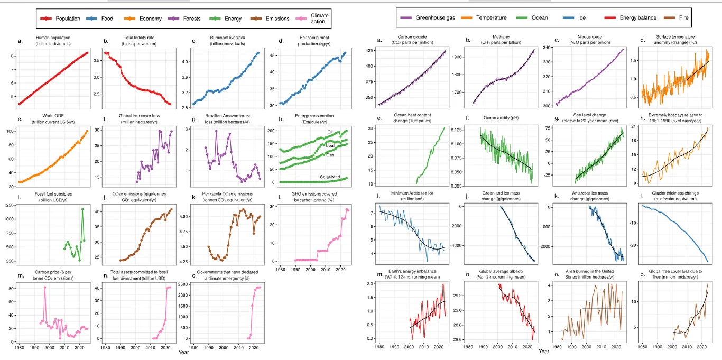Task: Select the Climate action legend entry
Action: click(x=319, y=19)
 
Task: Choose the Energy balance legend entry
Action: click(x=637, y=17)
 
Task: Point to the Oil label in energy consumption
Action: click(x=330, y=132)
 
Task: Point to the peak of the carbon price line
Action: click(x=45, y=287)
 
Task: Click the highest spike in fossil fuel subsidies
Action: click(x=82, y=209)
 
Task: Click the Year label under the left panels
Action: click(x=183, y=352)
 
